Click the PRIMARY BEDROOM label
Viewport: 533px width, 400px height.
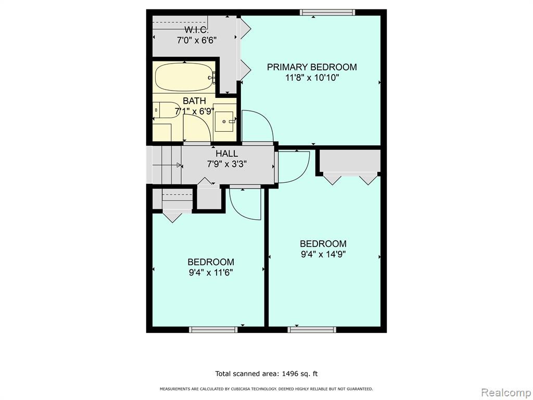[312, 67]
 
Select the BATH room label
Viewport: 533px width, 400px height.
[195, 101]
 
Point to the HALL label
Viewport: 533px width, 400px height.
[227, 154]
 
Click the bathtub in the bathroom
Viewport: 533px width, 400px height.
[185, 77]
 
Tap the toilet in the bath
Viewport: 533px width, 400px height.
[167, 110]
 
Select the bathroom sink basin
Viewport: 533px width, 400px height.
[224, 121]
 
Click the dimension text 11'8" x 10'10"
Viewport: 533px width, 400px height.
[312, 78]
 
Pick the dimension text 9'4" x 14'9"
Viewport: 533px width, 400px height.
[323, 254]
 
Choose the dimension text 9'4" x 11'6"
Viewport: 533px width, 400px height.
[211, 272]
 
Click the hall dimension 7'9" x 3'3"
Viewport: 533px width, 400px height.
[227, 164]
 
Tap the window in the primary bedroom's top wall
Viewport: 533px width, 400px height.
[328, 12]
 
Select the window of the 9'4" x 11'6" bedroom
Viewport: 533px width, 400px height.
[213, 330]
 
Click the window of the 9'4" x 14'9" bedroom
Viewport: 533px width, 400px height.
[312, 330]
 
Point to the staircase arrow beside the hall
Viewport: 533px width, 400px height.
[167, 165]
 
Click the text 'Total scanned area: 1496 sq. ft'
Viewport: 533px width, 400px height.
[266, 374]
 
